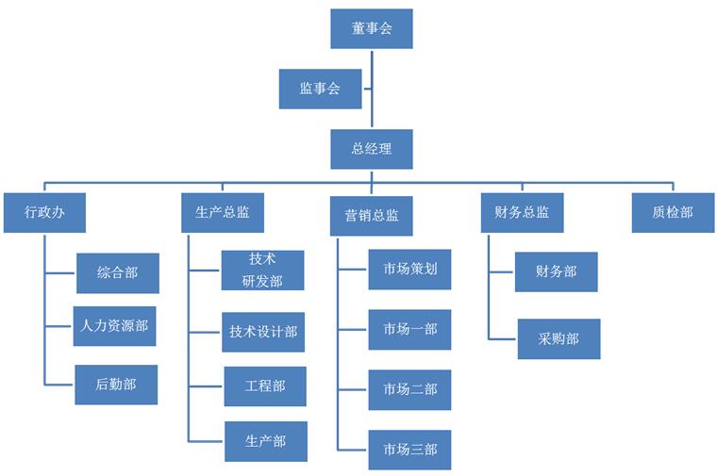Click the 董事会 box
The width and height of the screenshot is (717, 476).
click(x=371, y=28)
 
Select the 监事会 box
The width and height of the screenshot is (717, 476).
click(x=320, y=89)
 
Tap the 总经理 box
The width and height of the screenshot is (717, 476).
click(x=371, y=149)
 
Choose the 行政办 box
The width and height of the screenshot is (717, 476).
click(x=44, y=212)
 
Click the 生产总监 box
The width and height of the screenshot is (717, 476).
click(x=223, y=212)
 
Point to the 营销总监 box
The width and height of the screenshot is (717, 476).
click(x=371, y=215)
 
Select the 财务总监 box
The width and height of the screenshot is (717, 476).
click(x=522, y=212)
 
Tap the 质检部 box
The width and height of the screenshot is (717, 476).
click(x=673, y=212)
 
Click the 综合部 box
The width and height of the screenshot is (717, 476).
click(x=117, y=272)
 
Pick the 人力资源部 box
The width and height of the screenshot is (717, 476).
click(x=114, y=326)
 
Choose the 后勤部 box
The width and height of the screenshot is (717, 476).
click(x=116, y=385)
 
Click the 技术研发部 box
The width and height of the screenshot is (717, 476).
click(x=263, y=270)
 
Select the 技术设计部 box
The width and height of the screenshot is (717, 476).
click(x=263, y=332)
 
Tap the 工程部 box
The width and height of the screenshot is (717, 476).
click(x=265, y=386)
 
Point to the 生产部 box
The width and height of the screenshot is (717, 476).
click(x=265, y=441)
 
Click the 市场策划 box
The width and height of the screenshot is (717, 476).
click(x=409, y=270)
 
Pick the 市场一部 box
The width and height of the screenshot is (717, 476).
click(x=409, y=329)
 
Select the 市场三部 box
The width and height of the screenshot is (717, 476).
click(x=409, y=450)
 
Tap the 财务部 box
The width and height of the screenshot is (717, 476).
click(x=556, y=271)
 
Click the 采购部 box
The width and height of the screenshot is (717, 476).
click(x=559, y=338)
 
